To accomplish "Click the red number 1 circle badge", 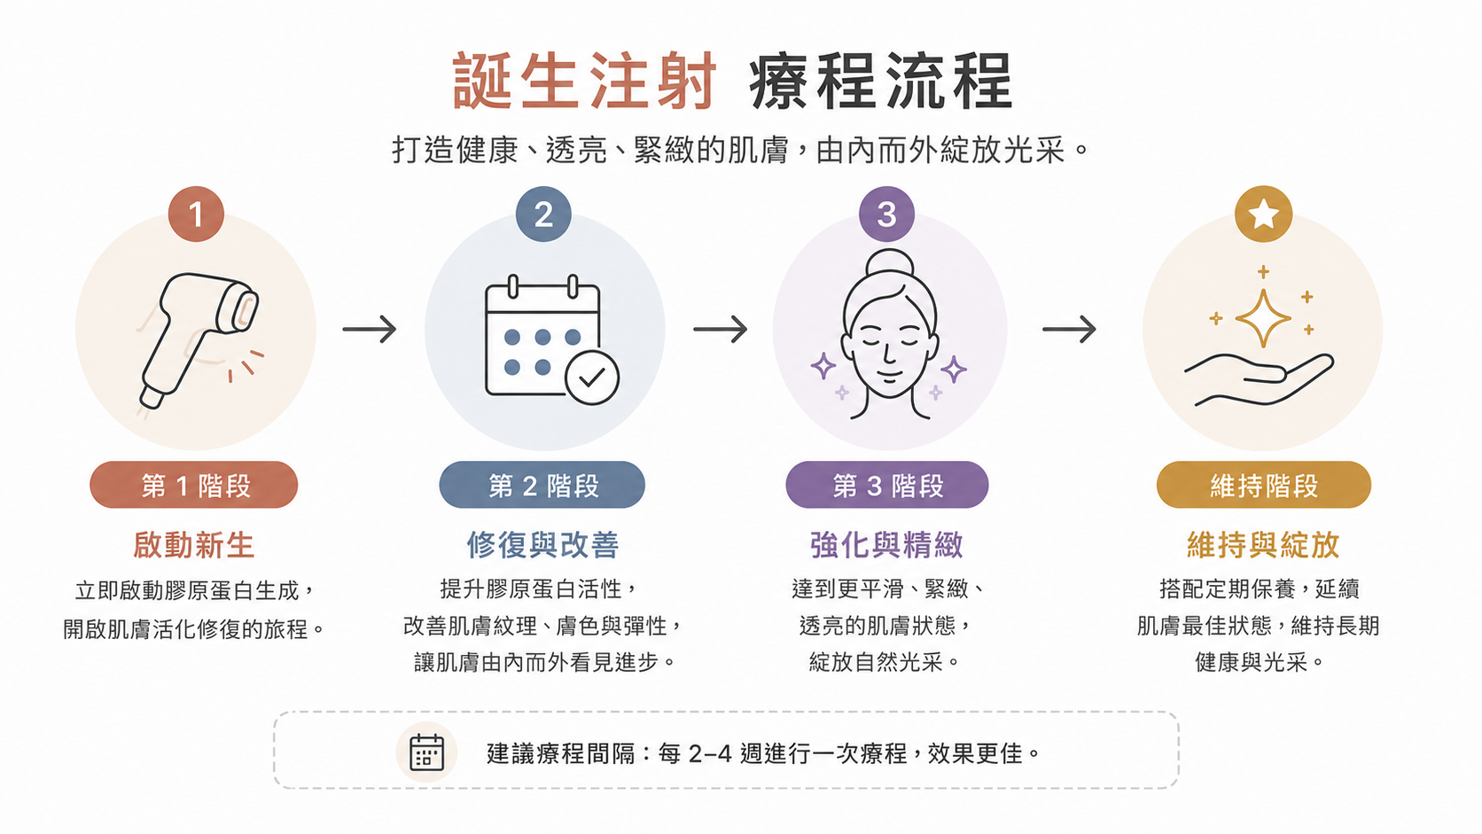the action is click(x=196, y=214).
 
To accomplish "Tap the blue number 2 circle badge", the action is click(x=543, y=214).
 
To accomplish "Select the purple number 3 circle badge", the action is click(x=886, y=214).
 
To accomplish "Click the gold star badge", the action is click(x=1263, y=214).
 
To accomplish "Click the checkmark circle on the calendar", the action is click(x=591, y=377).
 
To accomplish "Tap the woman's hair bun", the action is click(x=890, y=264).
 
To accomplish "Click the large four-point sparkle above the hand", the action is click(x=1263, y=318).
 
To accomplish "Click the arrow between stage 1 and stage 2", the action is click(x=370, y=329).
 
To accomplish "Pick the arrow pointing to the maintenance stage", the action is click(x=1069, y=329).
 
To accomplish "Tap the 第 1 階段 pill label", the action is click(x=194, y=485).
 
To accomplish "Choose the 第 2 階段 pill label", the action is click(x=542, y=485).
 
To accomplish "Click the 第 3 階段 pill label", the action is click(x=886, y=485).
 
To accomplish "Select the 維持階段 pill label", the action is click(x=1264, y=485).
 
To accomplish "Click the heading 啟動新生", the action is click(x=194, y=545).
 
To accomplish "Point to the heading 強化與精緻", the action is click(x=886, y=545).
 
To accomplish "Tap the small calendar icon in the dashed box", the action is click(x=426, y=752).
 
